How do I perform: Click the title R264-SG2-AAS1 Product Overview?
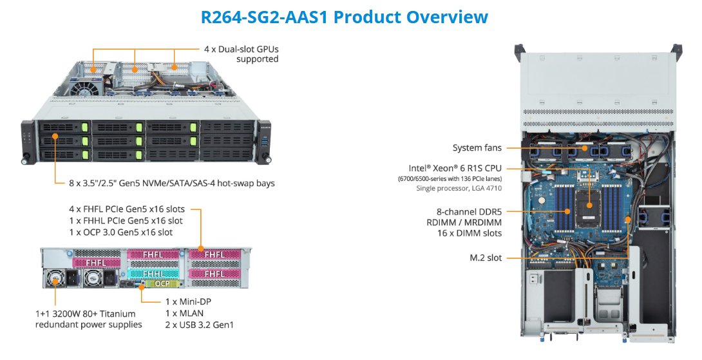pos(344,17)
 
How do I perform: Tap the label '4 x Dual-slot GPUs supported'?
pos(242,54)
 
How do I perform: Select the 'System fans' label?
pos(477,148)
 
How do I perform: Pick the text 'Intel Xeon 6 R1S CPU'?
pos(455,168)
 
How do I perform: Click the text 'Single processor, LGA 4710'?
pos(458,188)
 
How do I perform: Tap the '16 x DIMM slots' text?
pos(469,233)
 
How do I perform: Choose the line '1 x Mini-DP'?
pos(188,301)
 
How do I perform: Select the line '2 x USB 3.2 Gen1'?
pos(199,325)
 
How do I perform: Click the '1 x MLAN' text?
pos(184,313)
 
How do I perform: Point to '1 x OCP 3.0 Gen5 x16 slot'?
pos(120,232)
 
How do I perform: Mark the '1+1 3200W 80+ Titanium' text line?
pos(86,313)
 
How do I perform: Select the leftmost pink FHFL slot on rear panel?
pos(96,263)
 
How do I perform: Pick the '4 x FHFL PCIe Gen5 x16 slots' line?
pos(127,209)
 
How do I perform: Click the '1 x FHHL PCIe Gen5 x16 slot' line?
pos(126,221)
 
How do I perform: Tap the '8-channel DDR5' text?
pos(469,211)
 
